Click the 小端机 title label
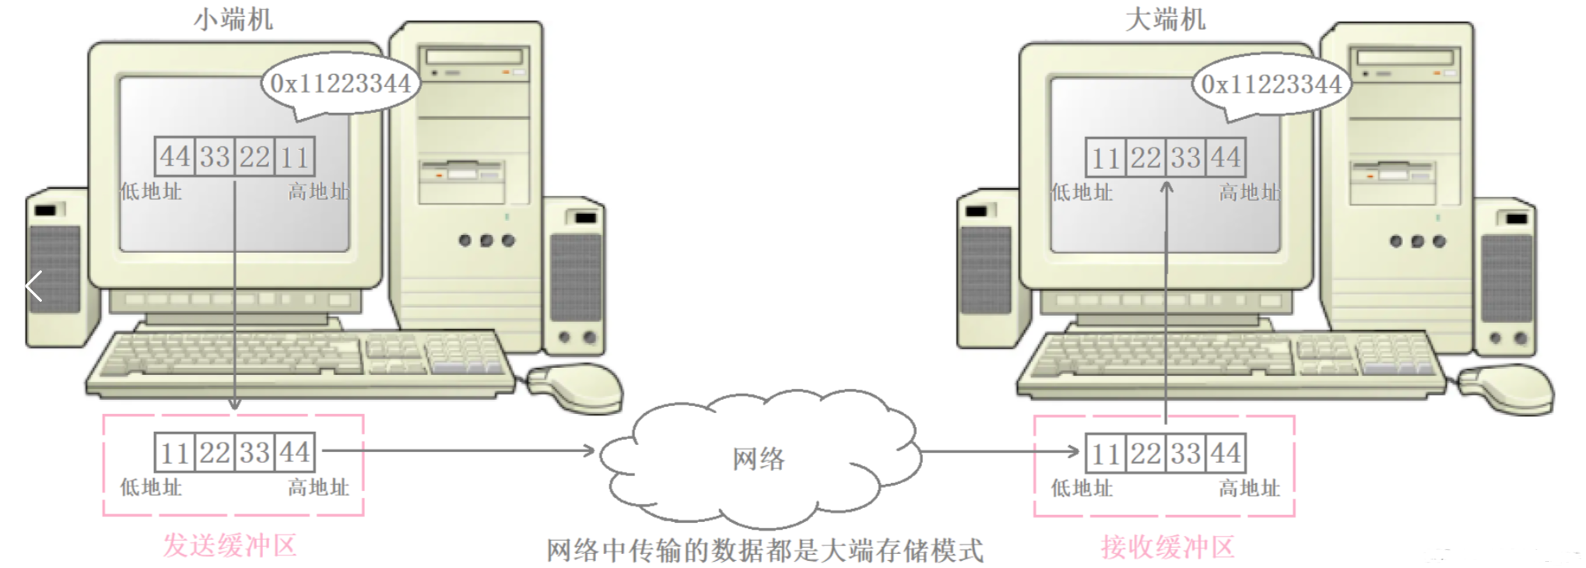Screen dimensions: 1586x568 tap(233, 19)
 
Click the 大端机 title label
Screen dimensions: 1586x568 tap(1164, 19)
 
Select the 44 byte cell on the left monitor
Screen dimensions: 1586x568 tap(175, 156)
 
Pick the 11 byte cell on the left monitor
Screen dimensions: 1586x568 tap(295, 156)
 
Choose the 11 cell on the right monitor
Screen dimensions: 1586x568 tap(1105, 158)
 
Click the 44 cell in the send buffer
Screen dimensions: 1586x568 tap(295, 452)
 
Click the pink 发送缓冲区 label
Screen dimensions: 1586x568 tap(230, 545)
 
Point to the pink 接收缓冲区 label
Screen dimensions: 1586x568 tap(1167, 547)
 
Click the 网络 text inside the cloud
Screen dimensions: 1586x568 tap(758, 458)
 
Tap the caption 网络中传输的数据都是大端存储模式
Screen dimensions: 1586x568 tap(764, 551)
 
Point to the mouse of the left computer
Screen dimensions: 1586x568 tap(576, 387)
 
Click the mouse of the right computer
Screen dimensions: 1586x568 tap(1506, 388)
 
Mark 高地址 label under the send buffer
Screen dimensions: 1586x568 tap(318, 488)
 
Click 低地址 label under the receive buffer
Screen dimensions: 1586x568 tap(1082, 489)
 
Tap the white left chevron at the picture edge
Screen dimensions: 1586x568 tap(33, 286)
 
